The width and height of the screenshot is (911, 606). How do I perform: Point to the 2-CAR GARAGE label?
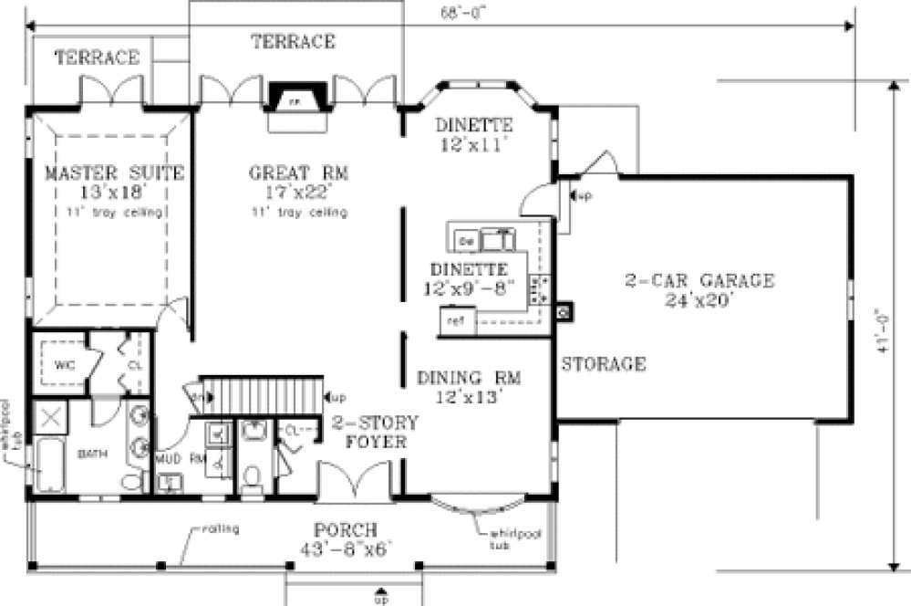pos(699,280)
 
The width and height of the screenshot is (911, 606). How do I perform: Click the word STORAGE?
pos(603,364)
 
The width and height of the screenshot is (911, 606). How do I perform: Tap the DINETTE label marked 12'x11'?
pos(473,125)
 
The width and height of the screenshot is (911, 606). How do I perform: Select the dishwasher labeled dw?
pos(464,241)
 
